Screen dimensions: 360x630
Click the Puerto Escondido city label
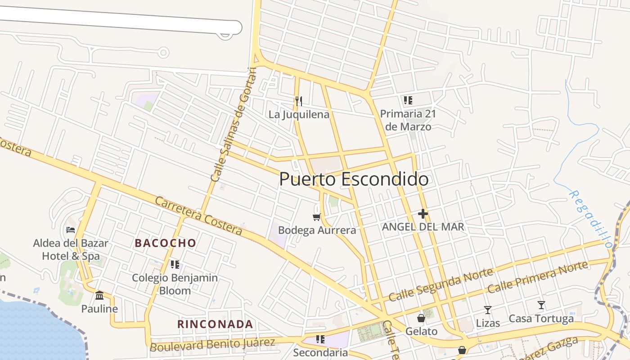pos(354,179)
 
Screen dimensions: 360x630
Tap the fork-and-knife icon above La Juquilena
pos(298,101)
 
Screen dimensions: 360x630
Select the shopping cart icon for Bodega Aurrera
pos(316,217)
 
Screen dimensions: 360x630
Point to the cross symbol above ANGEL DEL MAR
pos(423,214)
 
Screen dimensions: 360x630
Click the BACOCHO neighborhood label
pos(166,243)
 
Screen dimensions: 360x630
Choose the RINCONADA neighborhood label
pos(215,324)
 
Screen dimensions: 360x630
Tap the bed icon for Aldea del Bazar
pos(71,229)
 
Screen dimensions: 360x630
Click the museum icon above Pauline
pos(99,295)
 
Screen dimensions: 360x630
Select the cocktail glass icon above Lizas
pos(487,310)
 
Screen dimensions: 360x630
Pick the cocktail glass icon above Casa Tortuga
pos(541,305)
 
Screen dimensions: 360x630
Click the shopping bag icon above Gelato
pos(421,318)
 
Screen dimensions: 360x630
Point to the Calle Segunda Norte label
pos(441,284)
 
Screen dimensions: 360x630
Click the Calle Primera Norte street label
pos(538,277)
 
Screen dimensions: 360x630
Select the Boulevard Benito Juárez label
pos(212,345)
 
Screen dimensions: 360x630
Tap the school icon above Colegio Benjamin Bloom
pos(175,264)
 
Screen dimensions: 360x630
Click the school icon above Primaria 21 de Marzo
pos(408,100)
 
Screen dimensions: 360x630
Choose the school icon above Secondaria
pos(320,339)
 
